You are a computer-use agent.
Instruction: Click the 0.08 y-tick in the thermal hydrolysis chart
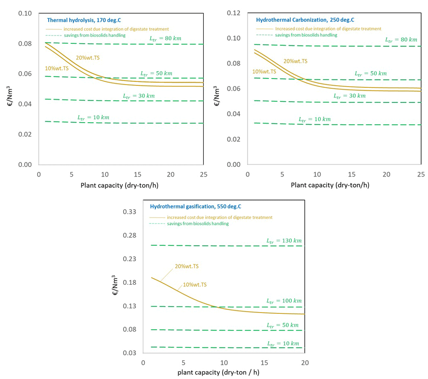pos(26,44)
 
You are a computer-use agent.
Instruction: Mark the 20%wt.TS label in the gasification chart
pos(187,266)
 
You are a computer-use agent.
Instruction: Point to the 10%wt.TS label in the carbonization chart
pos(264,71)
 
